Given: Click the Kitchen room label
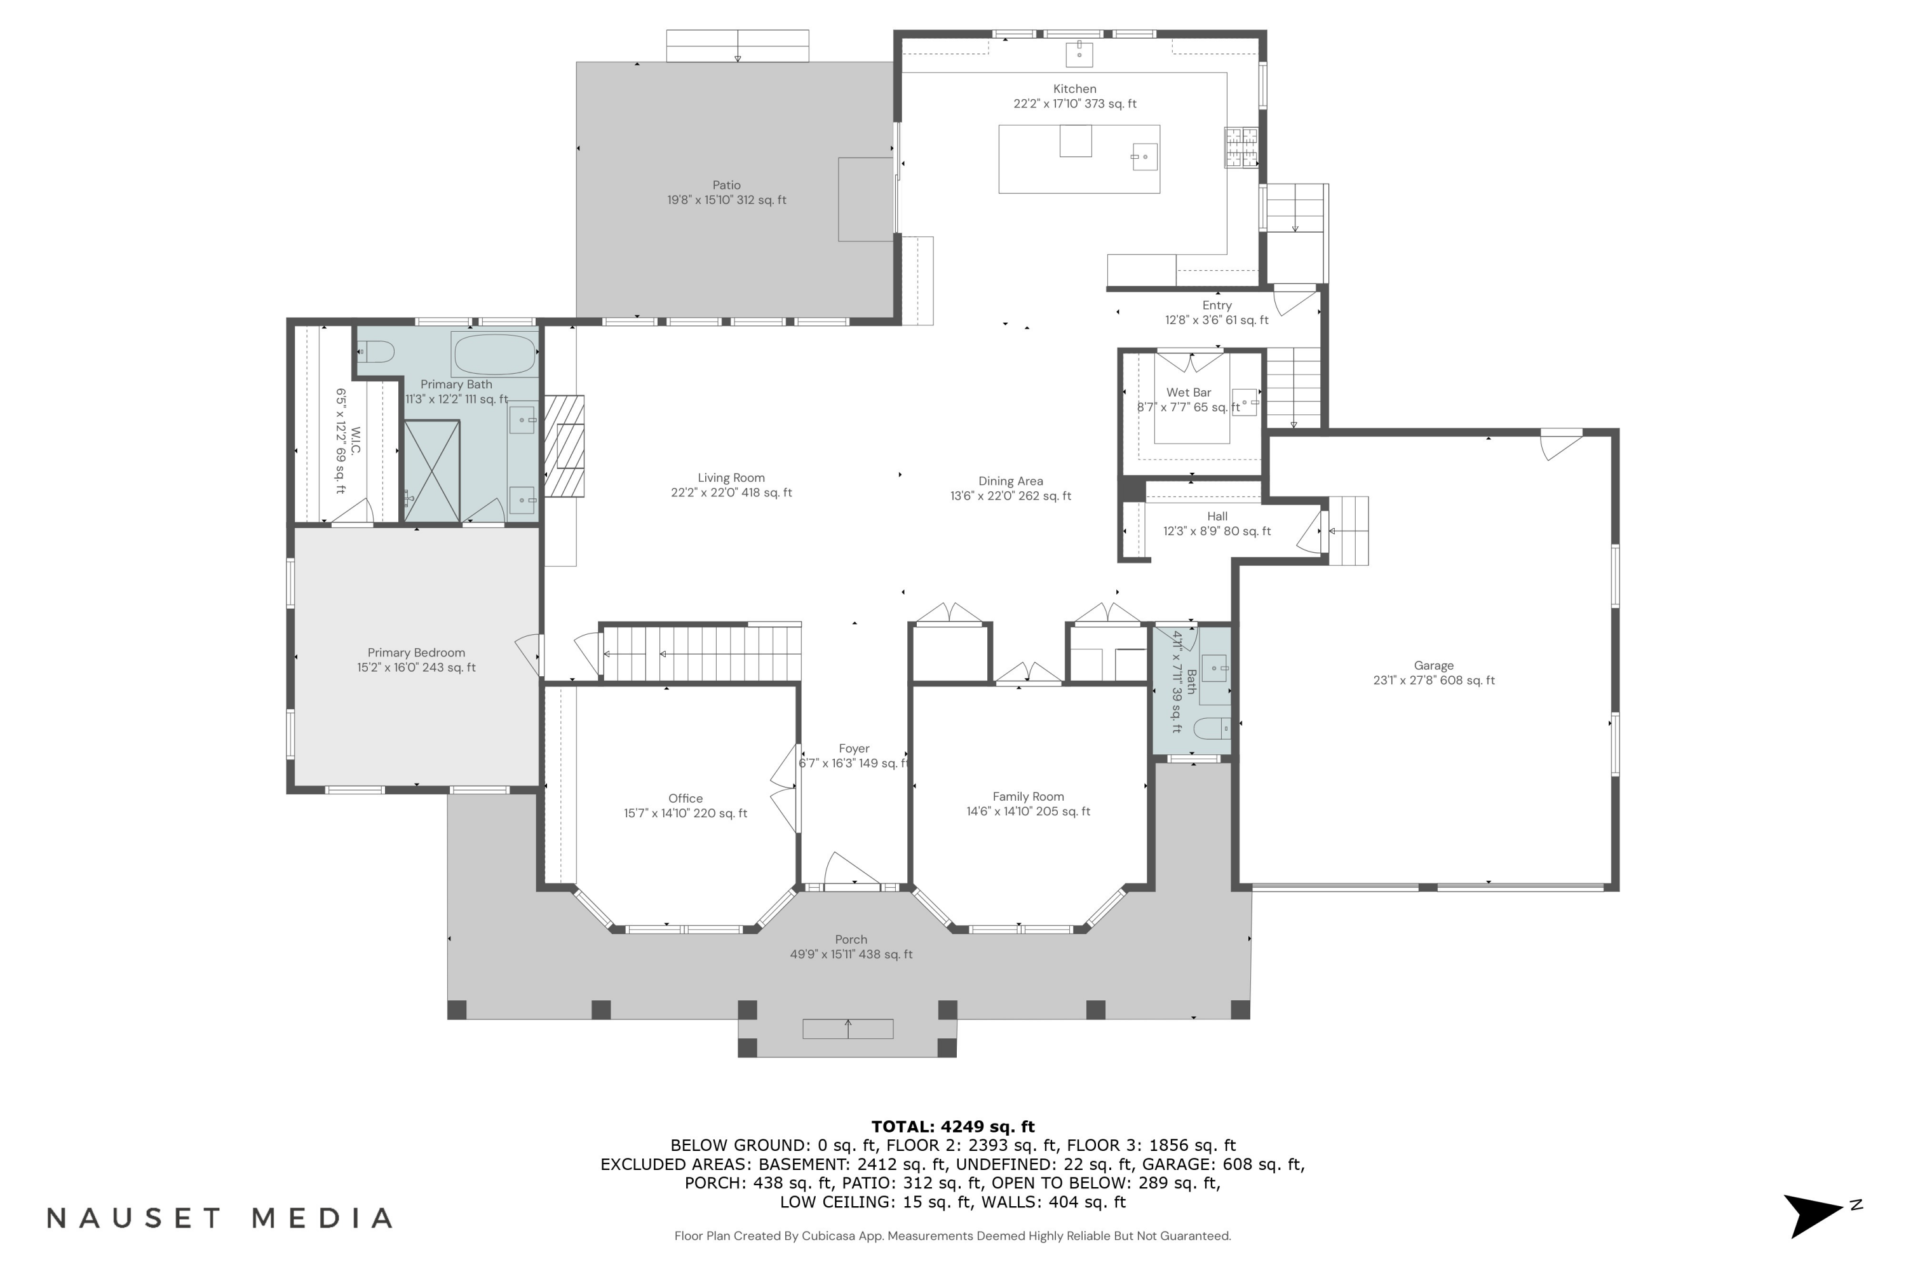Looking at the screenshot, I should click(x=1074, y=89).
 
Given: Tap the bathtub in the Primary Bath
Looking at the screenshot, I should click(x=495, y=354).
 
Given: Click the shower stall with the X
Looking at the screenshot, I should click(x=432, y=471).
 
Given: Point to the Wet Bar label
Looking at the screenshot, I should click(x=1188, y=392).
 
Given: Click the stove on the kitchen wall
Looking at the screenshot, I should click(x=1241, y=147).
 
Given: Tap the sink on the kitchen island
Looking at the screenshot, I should click(x=1144, y=156).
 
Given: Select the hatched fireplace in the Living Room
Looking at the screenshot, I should click(x=564, y=446).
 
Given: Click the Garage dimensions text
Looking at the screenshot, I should click(x=1433, y=681).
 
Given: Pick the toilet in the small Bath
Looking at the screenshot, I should click(x=1213, y=728).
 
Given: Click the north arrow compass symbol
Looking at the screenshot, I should click(x=1815, y=1215).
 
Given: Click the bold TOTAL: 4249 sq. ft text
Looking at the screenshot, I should click(x=952, y=1127).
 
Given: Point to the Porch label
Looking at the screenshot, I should click(x=851, y=939).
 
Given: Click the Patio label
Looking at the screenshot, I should click(x=726, y=186).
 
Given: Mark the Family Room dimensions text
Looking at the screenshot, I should click(x=1027, y=812).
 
